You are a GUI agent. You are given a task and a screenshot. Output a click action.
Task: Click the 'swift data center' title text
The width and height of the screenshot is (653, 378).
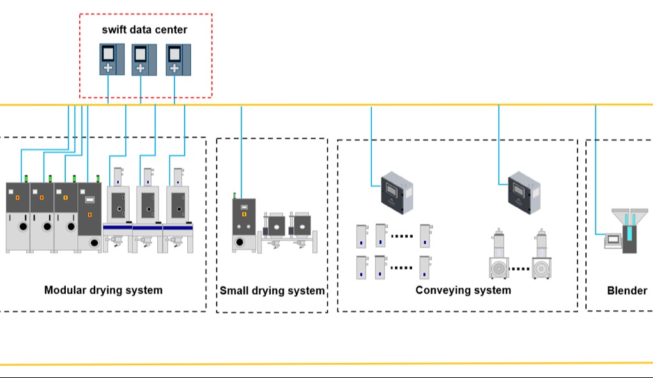(144, 29)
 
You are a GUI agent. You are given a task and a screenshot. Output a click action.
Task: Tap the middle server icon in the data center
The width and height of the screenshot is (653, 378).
(141, 59)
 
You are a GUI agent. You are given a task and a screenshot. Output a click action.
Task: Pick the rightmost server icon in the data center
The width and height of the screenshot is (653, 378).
(175, 59)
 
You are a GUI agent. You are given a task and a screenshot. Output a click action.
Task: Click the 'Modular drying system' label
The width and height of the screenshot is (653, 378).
(103, 290)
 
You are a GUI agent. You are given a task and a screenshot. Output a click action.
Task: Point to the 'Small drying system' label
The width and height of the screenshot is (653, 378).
(272, 291)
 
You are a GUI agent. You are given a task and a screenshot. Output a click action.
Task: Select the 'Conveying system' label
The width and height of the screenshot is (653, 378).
(463, 290)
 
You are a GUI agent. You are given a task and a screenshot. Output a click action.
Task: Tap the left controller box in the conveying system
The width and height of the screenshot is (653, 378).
(396, 192)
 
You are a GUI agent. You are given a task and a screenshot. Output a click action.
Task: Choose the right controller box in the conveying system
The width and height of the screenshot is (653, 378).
(525, 192)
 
